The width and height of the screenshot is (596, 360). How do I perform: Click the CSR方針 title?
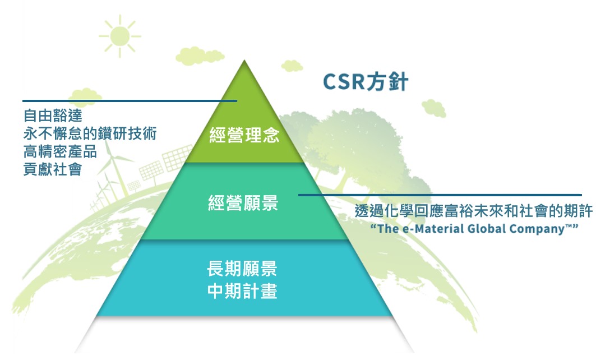[365, 81]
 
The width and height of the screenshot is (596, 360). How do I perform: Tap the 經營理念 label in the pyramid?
[244, 135]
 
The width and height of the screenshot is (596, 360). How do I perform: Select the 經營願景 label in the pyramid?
[243, 202]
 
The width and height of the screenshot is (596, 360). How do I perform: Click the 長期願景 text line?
[242, 269]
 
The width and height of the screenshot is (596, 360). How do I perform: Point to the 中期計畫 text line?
[242, 291]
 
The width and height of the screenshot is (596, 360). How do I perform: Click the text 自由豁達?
[53, 116]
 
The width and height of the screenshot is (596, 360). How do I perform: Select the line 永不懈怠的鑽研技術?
[90, 133]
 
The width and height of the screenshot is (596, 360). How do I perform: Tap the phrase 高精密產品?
[60, 151]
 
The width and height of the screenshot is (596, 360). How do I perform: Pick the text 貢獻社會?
[53, 169]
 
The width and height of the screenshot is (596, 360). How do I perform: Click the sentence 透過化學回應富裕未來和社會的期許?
[474, 211]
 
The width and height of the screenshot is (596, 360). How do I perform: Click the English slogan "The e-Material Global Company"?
[474, 229]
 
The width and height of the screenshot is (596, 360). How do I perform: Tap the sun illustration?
[120, 36]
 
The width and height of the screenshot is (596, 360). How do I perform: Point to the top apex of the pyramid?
[244, 60]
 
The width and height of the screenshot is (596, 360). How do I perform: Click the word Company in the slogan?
[537, 229]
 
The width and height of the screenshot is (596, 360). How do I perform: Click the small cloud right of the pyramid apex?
[292, 66]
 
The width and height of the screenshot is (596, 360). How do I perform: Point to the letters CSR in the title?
[344, 82]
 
